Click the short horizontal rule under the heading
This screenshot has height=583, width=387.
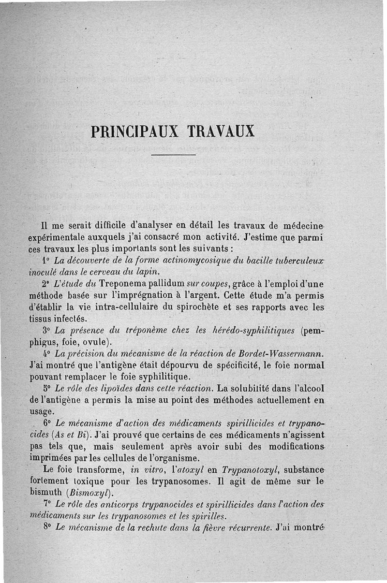pyautogui.click(x=173, y=155)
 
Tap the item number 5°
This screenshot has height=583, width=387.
pyautogui.click(x=47, y=388)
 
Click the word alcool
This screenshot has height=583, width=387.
pyautogui.click(x=308, y=388)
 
